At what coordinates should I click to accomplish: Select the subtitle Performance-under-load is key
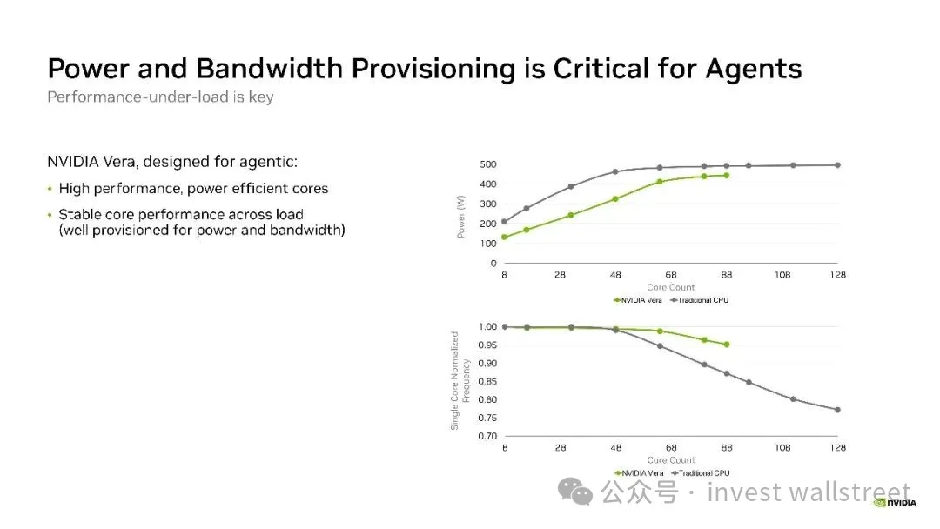pos(160,97)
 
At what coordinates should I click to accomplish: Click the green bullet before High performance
pos(50,189)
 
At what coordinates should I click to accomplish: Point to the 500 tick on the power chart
pos(488,164)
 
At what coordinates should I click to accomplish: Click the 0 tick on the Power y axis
pos(493,263)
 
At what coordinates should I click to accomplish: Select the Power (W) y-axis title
pos(461,217)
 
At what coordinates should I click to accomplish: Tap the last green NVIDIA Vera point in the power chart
pos(727,176)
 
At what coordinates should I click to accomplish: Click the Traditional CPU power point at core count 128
pos(837,165)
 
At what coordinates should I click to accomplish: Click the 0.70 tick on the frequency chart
pos(487,436)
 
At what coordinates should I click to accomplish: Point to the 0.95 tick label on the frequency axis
pos(487,345)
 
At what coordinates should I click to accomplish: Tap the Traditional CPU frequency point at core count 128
pos(837,410)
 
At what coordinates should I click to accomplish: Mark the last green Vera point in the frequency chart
pos(727,345)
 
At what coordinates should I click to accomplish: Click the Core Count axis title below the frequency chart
pos(671,460)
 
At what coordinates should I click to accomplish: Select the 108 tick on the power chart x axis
pos(782,274)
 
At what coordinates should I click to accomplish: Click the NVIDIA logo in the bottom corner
pos(895,503)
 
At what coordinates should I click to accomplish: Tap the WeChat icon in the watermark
pos(575,492)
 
